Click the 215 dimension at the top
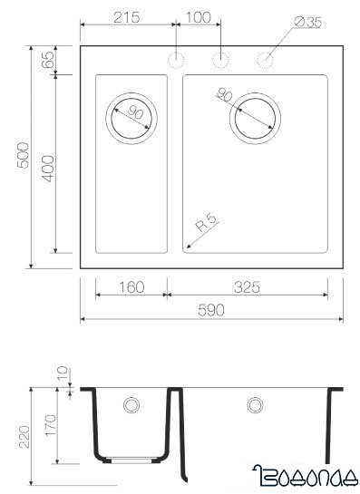coord(127,18)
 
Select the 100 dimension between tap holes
coord(198,18)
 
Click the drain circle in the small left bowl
coord(131,115)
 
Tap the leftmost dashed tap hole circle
coord(176,60)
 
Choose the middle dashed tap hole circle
coord(220,60)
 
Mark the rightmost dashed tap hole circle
coord(265,60)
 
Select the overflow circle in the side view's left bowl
coord(132,403)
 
